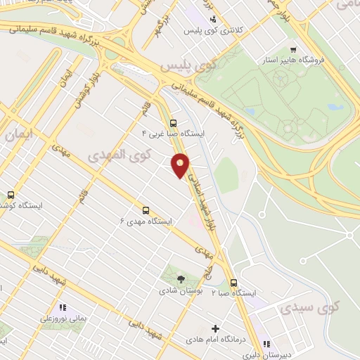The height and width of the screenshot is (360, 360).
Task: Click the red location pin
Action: pos(181,165)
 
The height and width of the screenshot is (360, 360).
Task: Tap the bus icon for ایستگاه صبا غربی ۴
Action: pos(174,122)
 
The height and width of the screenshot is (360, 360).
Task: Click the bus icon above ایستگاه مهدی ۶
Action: pos(146,210)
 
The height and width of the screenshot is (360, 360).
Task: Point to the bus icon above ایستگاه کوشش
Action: pos(11,195)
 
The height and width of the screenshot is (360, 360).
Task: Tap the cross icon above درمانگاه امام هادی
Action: pos(215,328)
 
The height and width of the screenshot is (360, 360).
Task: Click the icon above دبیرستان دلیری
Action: pos(266,344)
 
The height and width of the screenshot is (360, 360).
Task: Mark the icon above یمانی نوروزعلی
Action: pos(63,307)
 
